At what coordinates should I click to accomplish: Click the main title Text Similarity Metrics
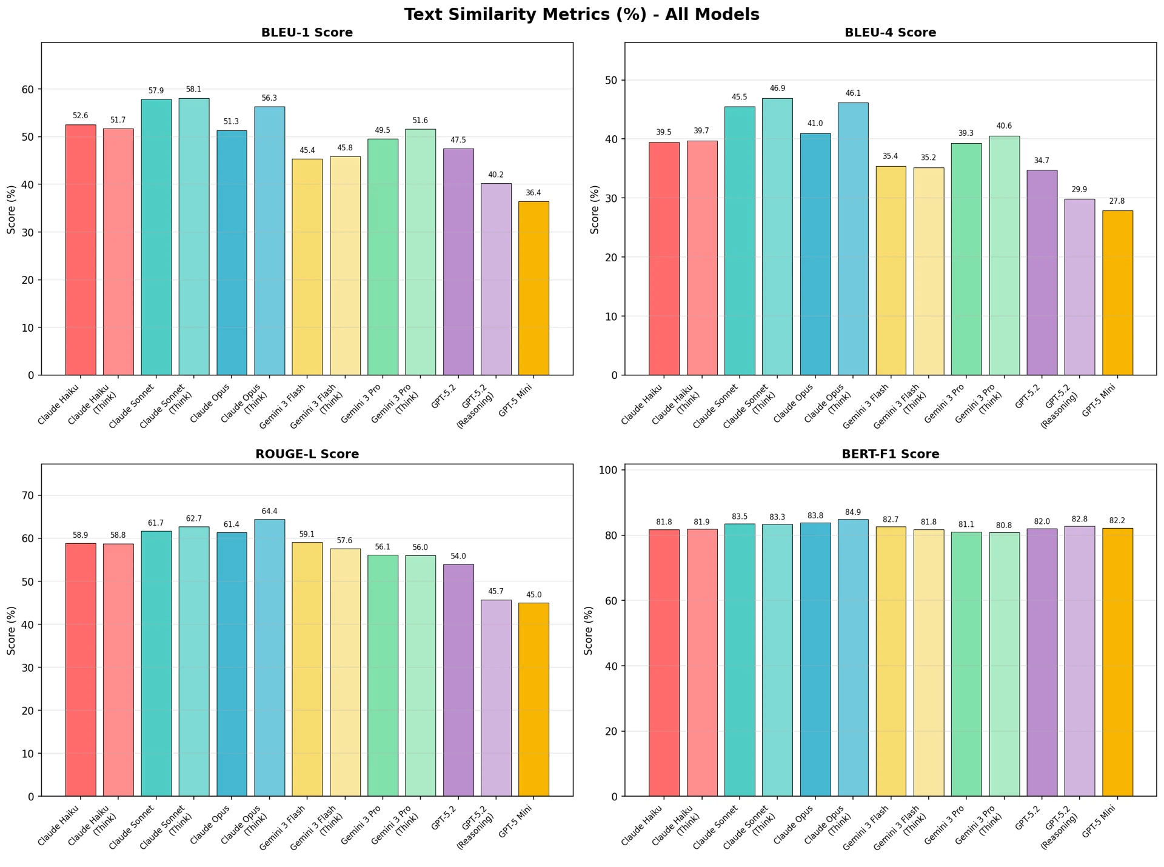coord(581,15)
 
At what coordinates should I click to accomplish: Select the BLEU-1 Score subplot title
coord(307,33)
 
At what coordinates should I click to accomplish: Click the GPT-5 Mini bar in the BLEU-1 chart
coord(533,288)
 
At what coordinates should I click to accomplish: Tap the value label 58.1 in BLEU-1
coord(193,89)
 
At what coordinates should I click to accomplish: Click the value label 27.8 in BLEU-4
coord(1117,201)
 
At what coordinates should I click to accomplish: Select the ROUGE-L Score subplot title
coord(307,454)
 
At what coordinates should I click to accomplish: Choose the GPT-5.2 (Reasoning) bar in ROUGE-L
coord(496,697)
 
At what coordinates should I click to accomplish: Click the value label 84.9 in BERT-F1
coord(852,512)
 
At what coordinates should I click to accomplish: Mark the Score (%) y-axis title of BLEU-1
coord(12,209)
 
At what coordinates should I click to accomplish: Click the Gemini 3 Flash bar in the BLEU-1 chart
coord(307,267)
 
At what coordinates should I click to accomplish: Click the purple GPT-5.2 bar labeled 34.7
coord(1042,273)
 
